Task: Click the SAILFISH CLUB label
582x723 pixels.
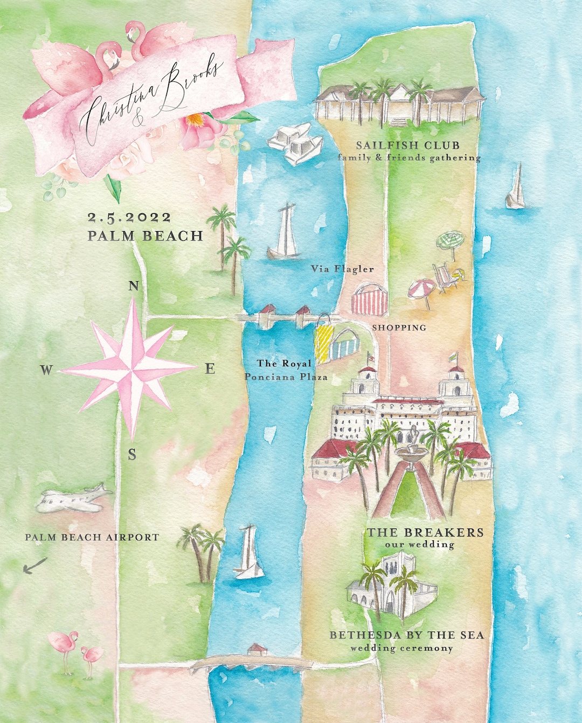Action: click(408, 145)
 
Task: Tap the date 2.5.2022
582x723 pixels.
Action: click(129, 218)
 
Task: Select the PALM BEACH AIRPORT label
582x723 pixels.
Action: click(92, 537)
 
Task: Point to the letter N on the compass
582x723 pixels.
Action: click(134, 286)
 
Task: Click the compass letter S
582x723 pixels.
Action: click(132, 455)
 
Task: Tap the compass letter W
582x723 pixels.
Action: click(46, 370)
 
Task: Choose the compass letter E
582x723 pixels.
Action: click(210, 369)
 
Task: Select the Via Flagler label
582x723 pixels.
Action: click(342, 268)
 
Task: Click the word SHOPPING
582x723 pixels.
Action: click(399, 328)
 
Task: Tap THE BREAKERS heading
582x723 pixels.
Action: click(425, 532)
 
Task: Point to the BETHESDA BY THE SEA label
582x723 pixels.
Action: click(407, 635)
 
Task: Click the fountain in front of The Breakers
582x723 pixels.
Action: click(412, 447)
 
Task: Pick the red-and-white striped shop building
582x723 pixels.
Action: click(370, 301)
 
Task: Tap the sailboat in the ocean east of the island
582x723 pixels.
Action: click(516, 189)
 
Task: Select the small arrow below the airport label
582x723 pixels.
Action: click(36, 566)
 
